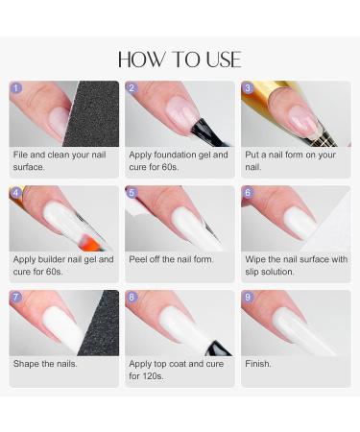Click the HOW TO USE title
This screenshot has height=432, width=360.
pos(180,59)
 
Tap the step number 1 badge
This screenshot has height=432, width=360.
pos(16,88)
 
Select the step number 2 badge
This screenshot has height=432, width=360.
pos(132,88)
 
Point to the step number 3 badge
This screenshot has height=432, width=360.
pos(248,88)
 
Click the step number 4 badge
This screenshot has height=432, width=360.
pos(16,193)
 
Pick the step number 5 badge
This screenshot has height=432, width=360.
pos(132,193)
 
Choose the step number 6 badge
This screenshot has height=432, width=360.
pos(248,193)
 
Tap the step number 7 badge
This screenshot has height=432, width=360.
pos(16,298)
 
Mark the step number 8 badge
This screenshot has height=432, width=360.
pos(132,298)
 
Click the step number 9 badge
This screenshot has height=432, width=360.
pos(248,298)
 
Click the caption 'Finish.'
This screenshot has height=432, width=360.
pos(258,364)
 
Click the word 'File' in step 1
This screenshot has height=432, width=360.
pos(21,155)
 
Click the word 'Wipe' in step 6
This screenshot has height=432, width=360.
pos(256,259)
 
